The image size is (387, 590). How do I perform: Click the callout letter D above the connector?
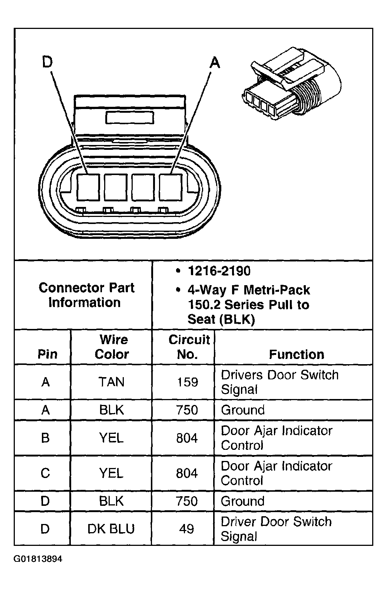click(47, 62)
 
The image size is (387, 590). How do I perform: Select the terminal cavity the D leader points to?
click(88, 188)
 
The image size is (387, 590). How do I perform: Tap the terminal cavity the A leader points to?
click(170, 188)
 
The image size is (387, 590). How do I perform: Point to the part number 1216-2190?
click(219, 271)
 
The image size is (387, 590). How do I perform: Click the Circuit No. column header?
click(188, 347)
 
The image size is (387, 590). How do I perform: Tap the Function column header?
click(296, 355)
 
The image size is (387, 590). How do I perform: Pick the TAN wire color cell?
click(111, 382)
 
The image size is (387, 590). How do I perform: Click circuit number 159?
click(187, 382)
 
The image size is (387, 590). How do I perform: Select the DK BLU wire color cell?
click(111, 529)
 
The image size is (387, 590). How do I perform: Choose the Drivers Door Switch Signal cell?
click(279, 382)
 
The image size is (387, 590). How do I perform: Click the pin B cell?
click(45, 438)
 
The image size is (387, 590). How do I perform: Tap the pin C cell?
click(45, 473)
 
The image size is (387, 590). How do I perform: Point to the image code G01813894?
click(38, 559)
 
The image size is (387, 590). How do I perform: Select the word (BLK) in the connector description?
click(237, 319)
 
